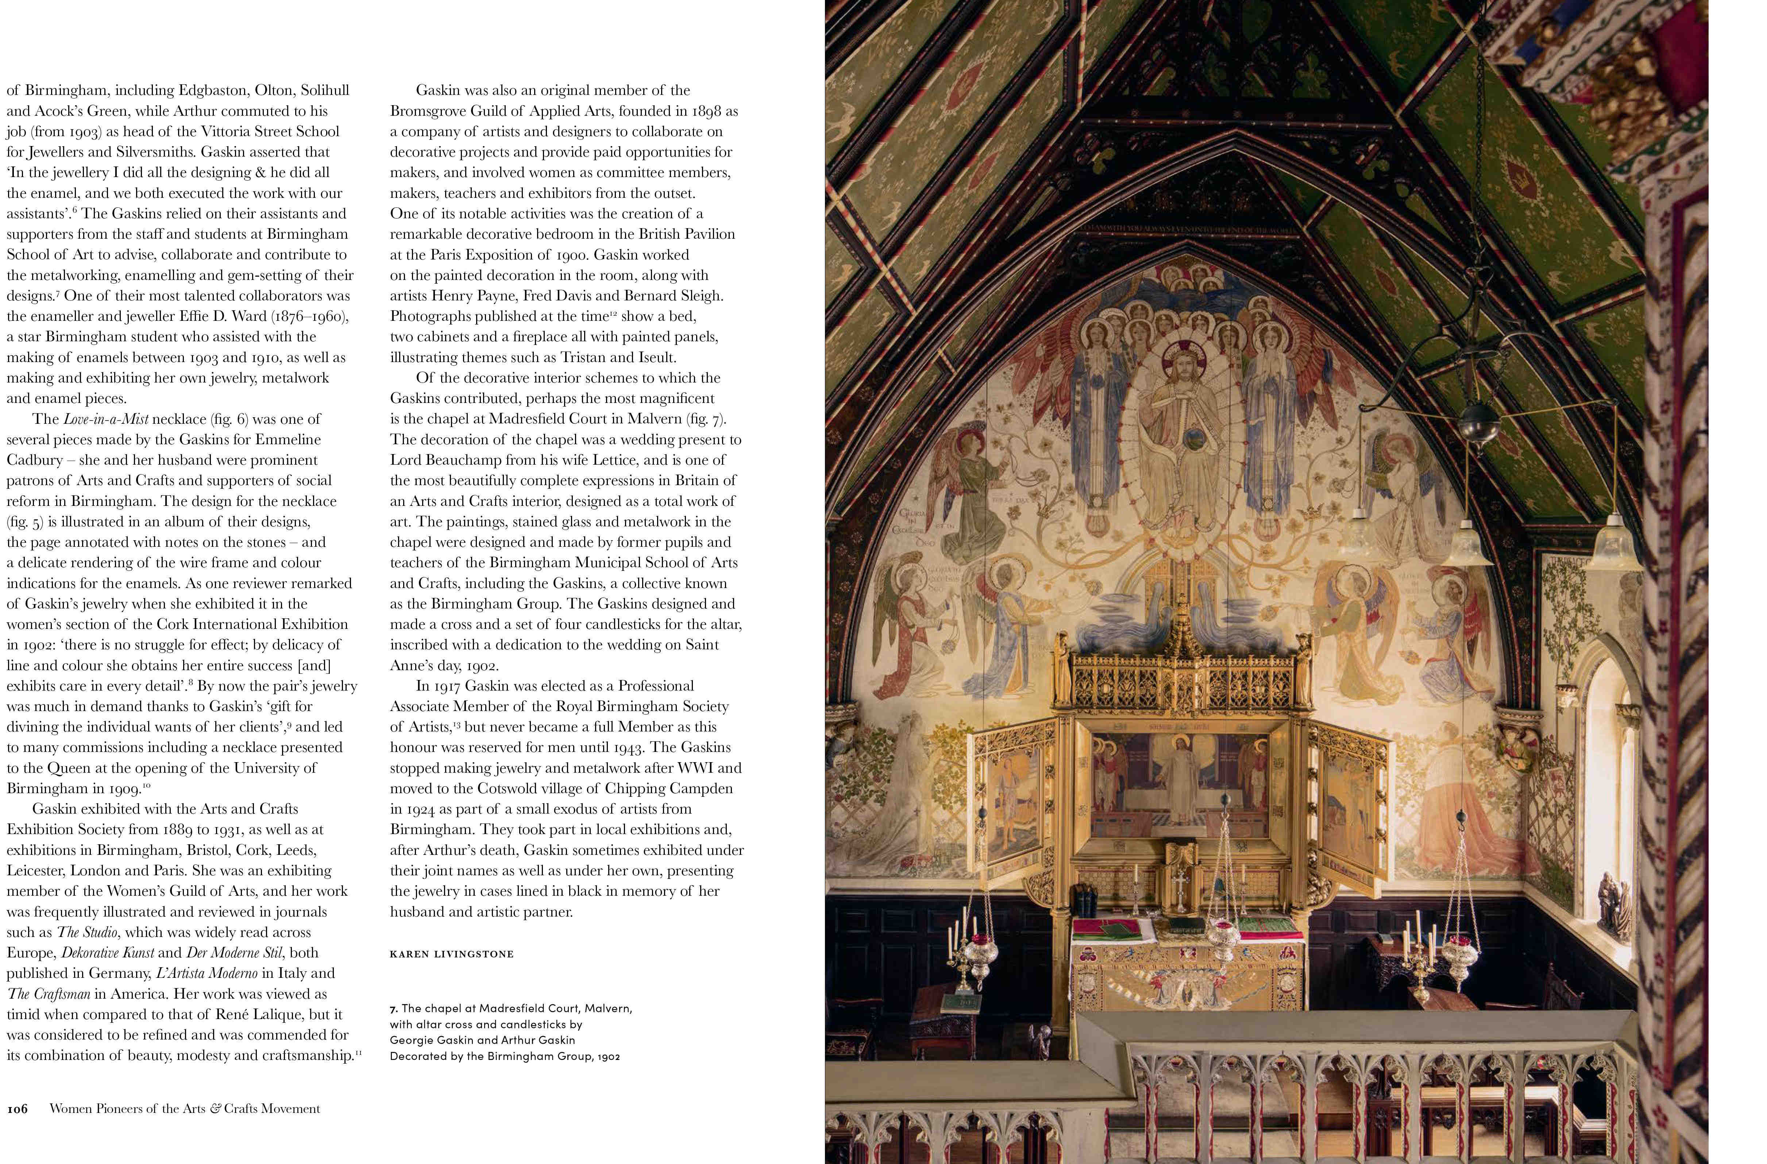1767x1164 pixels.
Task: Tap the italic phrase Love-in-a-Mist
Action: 106,419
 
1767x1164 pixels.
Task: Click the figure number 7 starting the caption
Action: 393,1009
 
